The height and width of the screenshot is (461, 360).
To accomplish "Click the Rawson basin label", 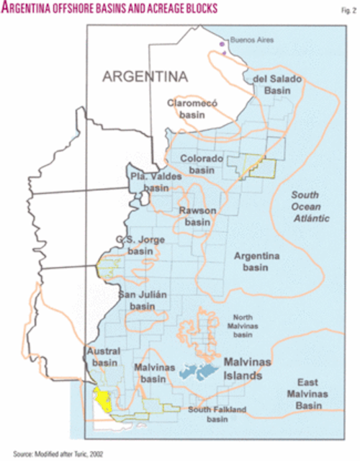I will pos(197,217).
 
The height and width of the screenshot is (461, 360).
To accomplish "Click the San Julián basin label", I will pos(143,300).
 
